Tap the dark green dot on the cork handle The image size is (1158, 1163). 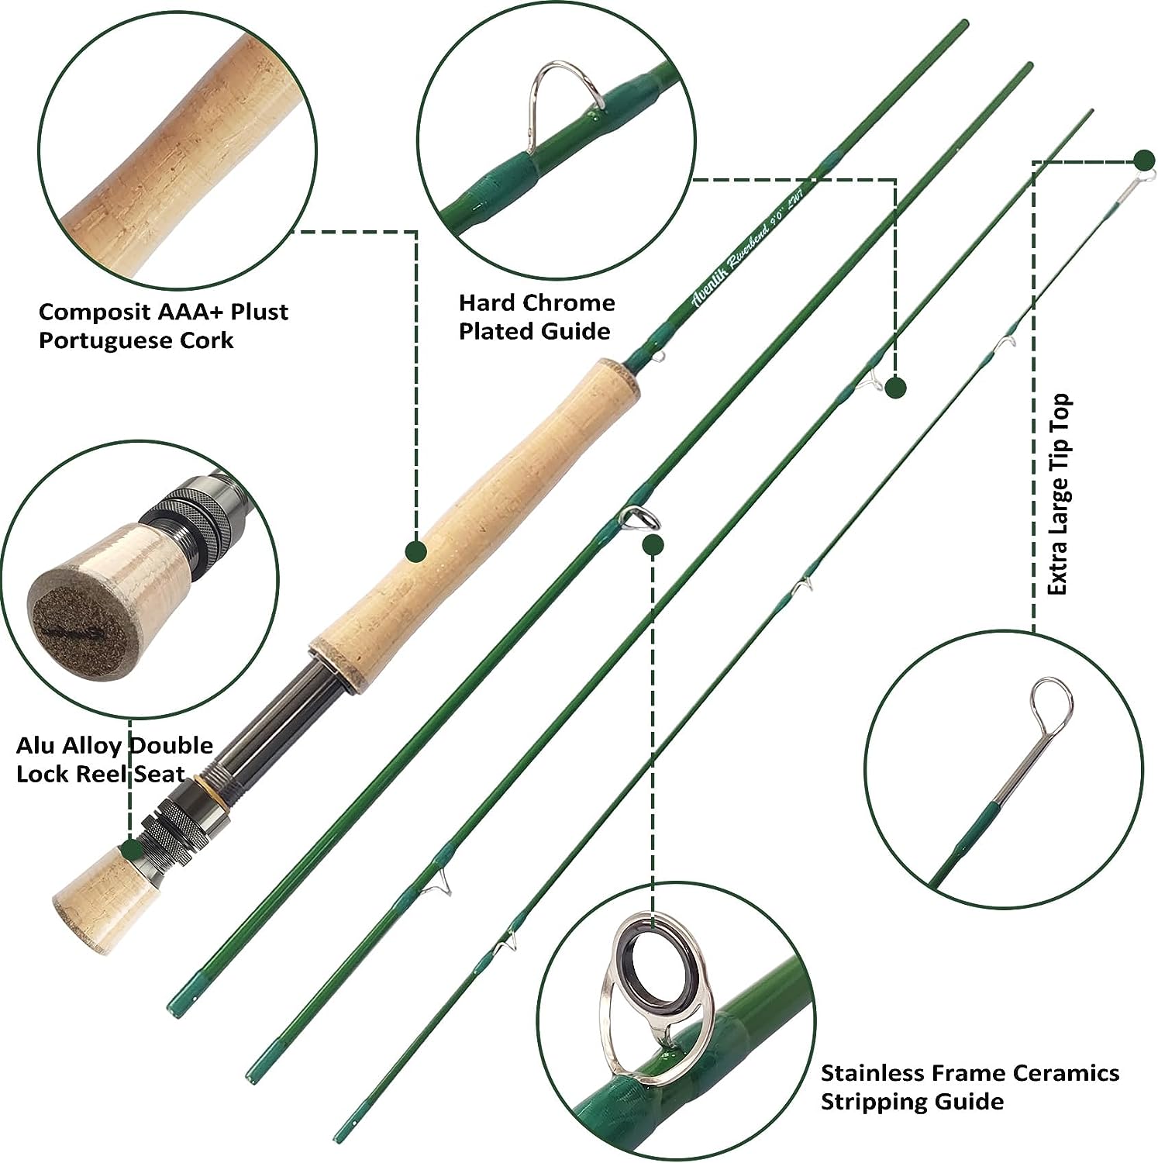click(417, 551)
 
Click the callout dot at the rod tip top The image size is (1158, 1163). click(1143, 160)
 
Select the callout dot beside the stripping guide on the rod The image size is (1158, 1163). click(653, 544)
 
